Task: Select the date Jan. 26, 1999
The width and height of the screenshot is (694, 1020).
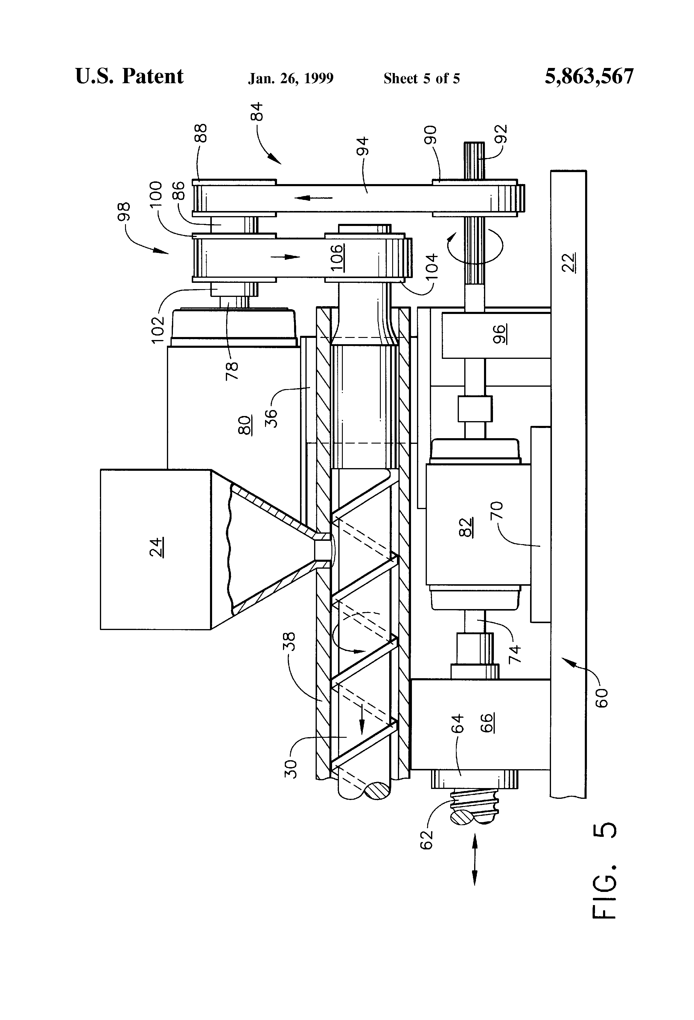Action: pos(291,78)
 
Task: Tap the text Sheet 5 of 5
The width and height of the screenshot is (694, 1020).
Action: pos(421,78)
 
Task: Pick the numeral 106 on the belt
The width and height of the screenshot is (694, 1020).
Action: pos(337,258)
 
